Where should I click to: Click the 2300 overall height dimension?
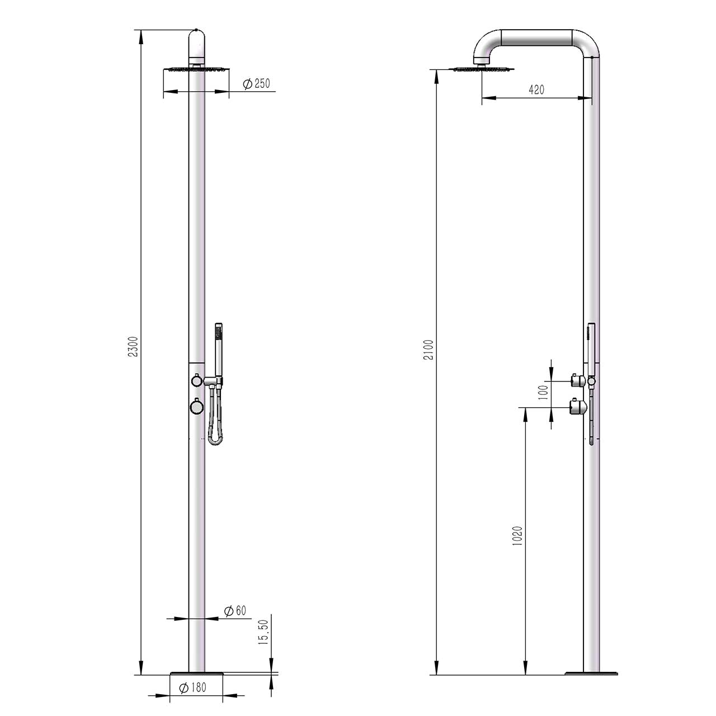133,346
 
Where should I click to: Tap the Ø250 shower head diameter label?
256,84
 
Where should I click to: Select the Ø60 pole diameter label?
235,611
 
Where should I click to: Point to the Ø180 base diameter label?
192,687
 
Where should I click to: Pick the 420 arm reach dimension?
536,89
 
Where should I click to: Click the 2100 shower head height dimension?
428,350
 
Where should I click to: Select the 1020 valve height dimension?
517,536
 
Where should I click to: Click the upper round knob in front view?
196,380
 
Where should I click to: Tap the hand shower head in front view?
219,341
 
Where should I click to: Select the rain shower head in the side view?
481,69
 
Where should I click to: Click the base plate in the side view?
592,672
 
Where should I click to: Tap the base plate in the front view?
196,672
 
